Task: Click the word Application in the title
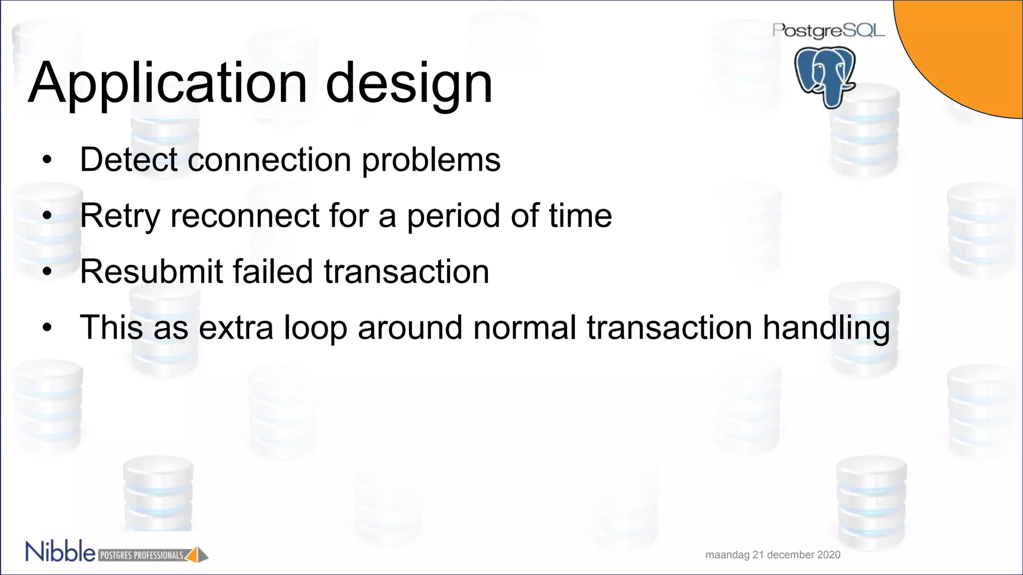coord(167,83)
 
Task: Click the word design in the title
coord(409,83)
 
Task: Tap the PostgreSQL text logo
coord(828,31)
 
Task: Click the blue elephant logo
coord(825,76)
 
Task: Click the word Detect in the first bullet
coord(128,160)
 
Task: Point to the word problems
coord(431,161)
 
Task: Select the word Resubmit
coord(151,272)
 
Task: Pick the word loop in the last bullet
coord(315,328)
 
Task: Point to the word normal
coord(524,328)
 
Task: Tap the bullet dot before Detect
coord(47,161)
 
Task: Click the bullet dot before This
coord(47,328)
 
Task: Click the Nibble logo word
coord(60,552)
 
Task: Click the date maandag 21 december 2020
coord(773,555)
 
